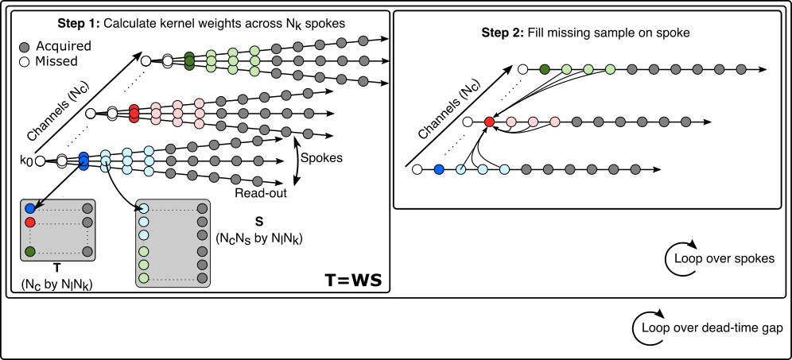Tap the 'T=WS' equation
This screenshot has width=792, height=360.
(354, 280)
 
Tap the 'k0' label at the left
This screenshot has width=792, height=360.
(25, 161)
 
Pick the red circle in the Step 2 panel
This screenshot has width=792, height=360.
(489, 122)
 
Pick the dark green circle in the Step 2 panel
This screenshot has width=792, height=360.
(545, 70)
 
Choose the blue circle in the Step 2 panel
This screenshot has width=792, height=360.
(438, 169)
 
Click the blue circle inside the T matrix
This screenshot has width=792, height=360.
(30, 209)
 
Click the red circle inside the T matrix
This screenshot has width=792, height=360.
(30, 223)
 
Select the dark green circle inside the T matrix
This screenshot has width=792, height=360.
(30, 252)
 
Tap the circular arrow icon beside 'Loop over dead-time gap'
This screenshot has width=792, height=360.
(643, 326)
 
